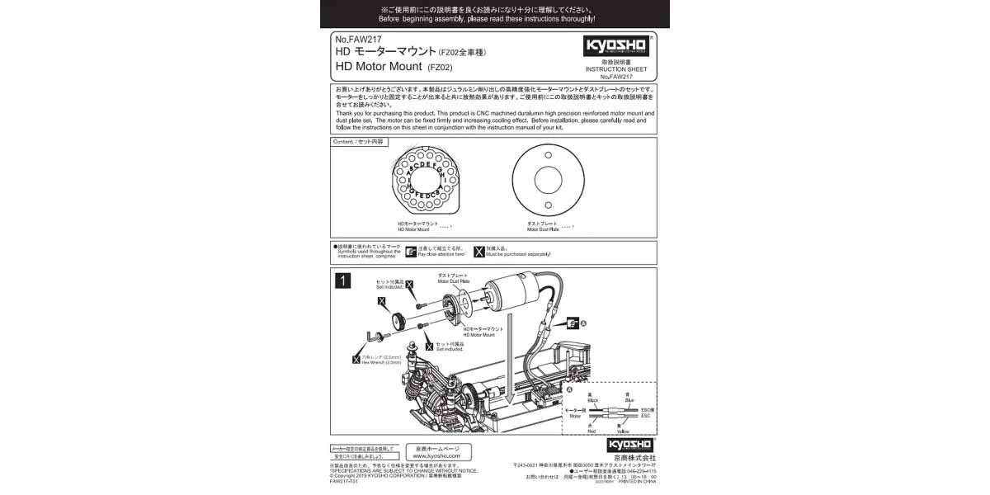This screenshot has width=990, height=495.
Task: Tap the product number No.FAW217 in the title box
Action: (x=358, y=39)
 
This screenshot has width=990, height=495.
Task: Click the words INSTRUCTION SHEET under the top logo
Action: (x=616, y=69)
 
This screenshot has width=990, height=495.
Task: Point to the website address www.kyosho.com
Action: (x=438, y=455)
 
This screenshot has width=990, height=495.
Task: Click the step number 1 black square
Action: (x=342, y=280)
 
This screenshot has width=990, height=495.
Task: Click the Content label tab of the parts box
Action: (x=358, y=142)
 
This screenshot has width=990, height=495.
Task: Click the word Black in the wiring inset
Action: (x=592, y=399)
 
